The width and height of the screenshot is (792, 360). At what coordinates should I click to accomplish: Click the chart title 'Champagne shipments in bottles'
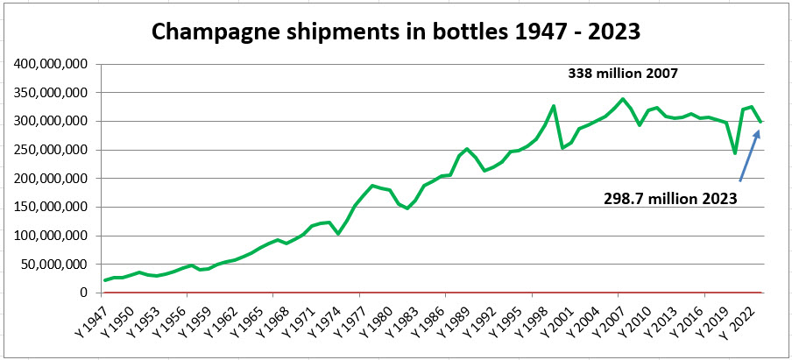[x=396, y=32]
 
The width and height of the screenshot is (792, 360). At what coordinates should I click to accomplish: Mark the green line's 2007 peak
[x=622, y=99]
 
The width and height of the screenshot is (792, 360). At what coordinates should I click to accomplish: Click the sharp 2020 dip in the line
[x=734, y=153]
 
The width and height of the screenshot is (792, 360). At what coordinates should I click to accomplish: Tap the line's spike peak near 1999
[x=554, y=106]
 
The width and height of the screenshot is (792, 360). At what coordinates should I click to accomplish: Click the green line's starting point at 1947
[x=105, y=280]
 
